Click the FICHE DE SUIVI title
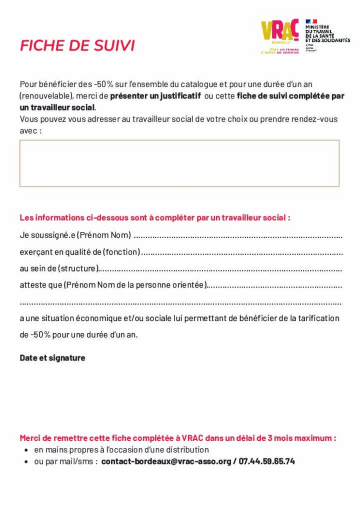[x=77, y=45]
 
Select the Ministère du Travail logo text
[x=327, y=33]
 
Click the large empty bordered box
[x=179, y=163]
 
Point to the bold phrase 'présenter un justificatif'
[x=155, y=95]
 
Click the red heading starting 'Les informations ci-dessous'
[x=154, y=218]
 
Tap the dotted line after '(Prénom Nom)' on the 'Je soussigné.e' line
[x=238, y=235]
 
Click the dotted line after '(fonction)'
[x=242, y=252]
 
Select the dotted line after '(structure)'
[x=220, y=269]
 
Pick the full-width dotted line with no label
[x=180, y=302]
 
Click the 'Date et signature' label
[x=52, y=358]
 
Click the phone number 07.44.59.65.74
[x=266, y=461]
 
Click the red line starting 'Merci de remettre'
[x=177, y=438]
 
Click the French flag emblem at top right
[x=311, y=21]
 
